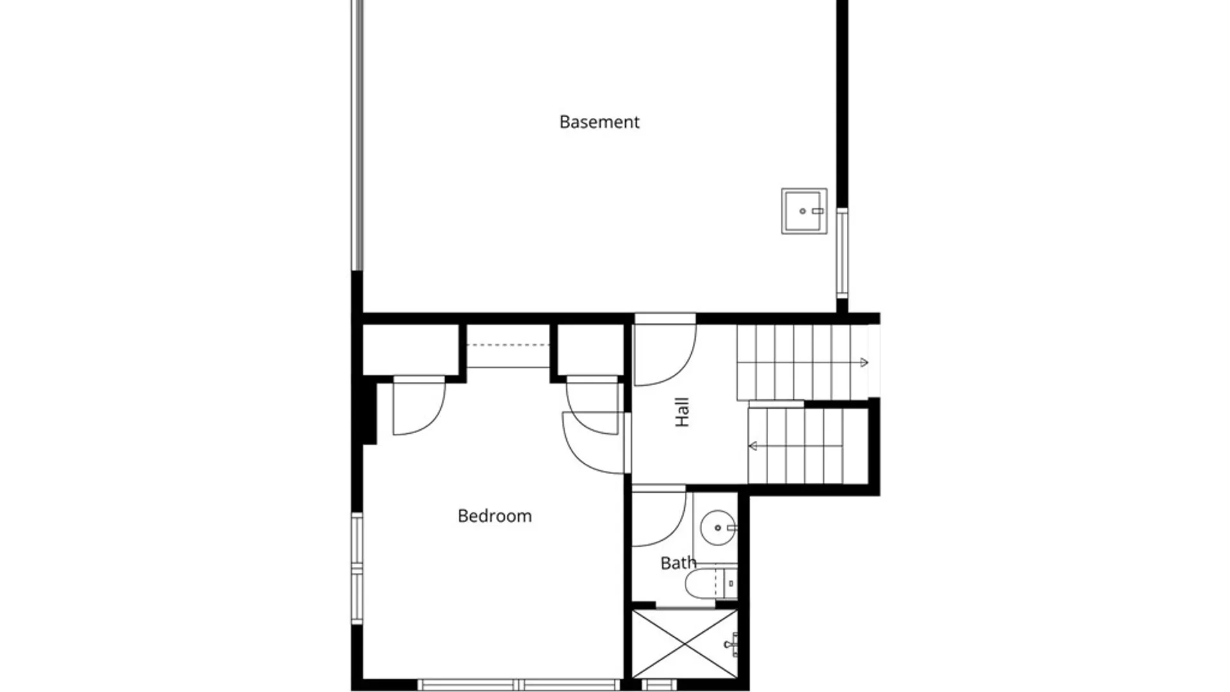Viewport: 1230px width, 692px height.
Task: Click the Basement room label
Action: coord(599,122)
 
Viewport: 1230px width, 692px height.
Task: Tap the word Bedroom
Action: coord(495,516)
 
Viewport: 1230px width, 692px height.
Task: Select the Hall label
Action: coord(682,412)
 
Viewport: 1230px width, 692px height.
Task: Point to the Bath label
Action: coord(678,563)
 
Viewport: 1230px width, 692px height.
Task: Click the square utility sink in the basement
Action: coord(804,211)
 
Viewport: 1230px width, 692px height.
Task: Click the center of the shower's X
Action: coord(684,643)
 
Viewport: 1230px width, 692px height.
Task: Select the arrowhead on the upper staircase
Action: coord(864,362)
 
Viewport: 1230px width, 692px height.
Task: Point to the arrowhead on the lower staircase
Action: coord(753,446)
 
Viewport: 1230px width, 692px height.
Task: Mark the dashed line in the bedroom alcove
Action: coord(507,345)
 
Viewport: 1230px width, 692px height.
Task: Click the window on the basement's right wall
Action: coord(842,252)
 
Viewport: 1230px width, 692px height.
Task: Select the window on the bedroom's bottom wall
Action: coord(519,685)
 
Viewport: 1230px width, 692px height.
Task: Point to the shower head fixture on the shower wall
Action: coord(731,644)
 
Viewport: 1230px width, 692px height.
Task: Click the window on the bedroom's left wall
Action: coord(357,568)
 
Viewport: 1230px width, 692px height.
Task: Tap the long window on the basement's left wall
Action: coord(357,135)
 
